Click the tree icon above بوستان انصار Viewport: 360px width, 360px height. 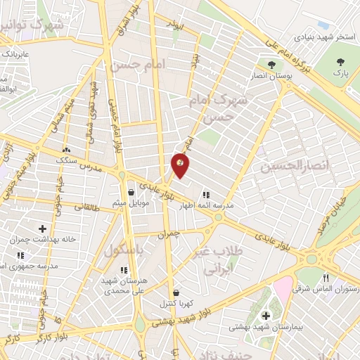click(x=271, y=66)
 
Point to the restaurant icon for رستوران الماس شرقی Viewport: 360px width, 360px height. click(x=326, y=278)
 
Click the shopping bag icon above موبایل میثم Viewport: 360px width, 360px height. click(x=131, y=192)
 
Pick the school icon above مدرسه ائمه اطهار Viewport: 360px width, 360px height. click(x=206, y=195)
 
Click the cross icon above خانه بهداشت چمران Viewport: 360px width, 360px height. click(x=43, y=229)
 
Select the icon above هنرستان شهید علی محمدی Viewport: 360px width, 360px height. click(x=124, y=269)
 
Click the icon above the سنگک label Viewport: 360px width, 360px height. click(x=67, y=149)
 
